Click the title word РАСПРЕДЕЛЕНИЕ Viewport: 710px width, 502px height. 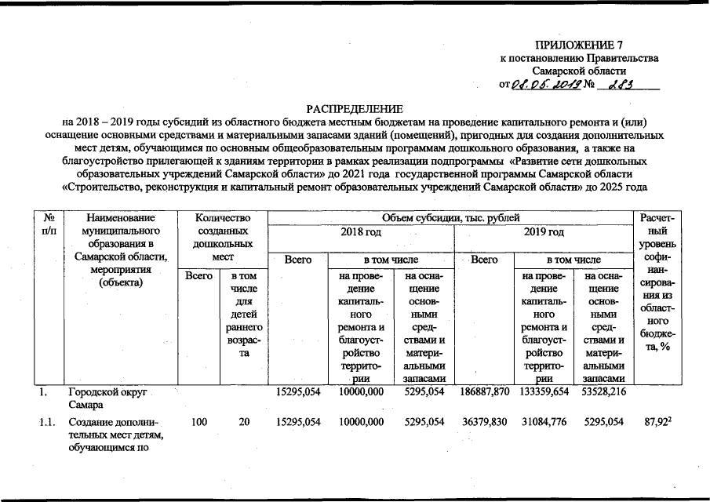tap(355, 107)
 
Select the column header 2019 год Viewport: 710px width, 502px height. tap(543, 232)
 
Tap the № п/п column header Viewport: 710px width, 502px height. tap(49, 224)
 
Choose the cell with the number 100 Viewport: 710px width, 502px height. tap(199, 423)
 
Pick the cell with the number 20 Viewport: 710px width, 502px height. tap(244, 423)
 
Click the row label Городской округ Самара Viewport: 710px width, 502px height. tap(107, 398)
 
